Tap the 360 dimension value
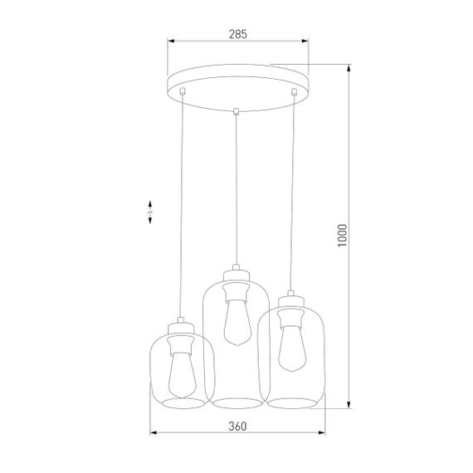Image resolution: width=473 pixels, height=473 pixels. coord(238,427)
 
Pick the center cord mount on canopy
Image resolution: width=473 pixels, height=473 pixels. coord(237,110)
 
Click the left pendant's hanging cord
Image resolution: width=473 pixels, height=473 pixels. coord(180,207)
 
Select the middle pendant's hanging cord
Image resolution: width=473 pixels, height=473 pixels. coord(236,191)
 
